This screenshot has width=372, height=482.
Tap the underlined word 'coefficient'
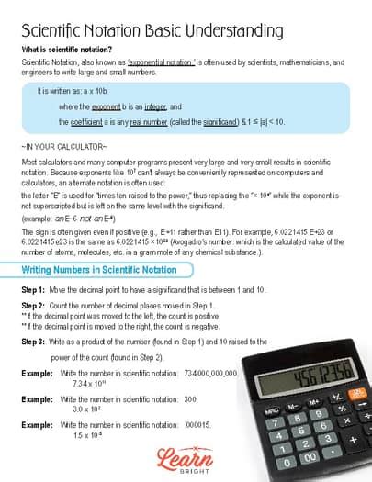pos(93,120)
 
